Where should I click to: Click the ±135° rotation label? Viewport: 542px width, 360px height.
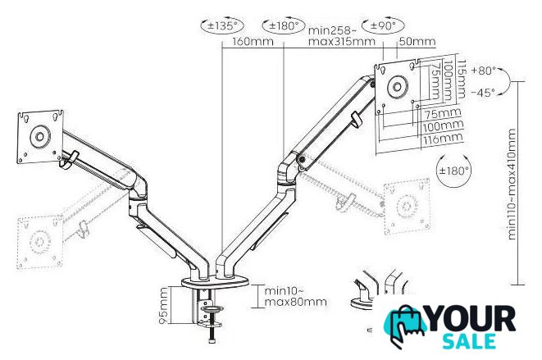point(222,25)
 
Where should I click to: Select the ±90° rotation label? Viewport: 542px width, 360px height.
point(383,25)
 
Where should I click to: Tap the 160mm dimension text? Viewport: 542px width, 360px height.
point(253,42)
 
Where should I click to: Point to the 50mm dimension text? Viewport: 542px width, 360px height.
point(417,42)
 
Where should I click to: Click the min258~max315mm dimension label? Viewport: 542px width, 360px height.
point(341,35)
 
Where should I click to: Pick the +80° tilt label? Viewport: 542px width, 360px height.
point(483,71)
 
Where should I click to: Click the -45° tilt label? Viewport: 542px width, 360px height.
point(483,93)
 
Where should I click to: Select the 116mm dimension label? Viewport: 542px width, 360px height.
point(442,139)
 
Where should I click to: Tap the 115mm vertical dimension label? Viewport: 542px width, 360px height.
point(461,80)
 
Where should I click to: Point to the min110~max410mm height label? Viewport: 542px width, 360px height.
point(512,185)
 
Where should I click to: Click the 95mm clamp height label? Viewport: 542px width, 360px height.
point(163,306)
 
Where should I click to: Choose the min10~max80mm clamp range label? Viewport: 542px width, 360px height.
point(295,296)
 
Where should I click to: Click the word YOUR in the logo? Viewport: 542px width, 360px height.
point(472,318)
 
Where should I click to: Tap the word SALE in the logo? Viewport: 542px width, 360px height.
point(469,341)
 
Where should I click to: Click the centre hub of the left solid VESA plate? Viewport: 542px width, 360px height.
point(39,137)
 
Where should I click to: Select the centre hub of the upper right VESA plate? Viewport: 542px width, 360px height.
point(398,87)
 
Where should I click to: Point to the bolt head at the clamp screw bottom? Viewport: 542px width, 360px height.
point(212,341)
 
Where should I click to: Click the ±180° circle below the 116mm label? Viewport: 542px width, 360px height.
point(453,171)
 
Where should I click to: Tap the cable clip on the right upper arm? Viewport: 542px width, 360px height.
point(356,120)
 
